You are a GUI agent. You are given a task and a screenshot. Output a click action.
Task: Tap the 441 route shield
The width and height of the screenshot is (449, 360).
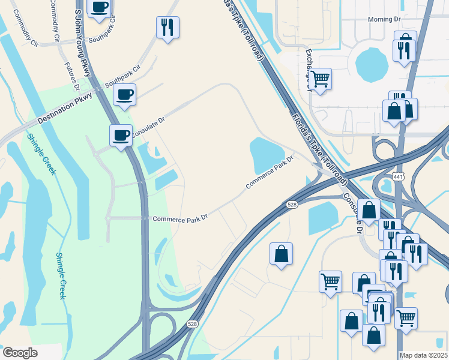[x=398, y=176]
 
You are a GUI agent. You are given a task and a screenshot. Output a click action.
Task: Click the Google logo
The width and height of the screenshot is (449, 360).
[x=20, y=353]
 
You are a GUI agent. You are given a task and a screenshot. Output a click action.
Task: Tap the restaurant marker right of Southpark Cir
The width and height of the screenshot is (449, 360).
[x=167, y=28]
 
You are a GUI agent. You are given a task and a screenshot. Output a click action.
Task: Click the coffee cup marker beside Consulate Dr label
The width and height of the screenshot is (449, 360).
[x=121, y=135]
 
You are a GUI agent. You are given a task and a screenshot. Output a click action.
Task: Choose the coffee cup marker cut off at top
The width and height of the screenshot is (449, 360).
[x=99, y=7]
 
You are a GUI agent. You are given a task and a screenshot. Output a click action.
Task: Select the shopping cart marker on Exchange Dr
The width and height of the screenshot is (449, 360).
[x=321, y=79]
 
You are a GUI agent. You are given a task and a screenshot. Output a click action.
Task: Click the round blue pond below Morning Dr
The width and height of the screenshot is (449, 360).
[x=372, y=63]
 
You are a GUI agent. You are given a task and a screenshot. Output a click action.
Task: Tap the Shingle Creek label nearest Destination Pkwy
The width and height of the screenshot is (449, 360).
[x=41, y=154]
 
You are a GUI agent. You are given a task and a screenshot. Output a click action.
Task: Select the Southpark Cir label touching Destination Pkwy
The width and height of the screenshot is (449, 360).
[x=122, y=73]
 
